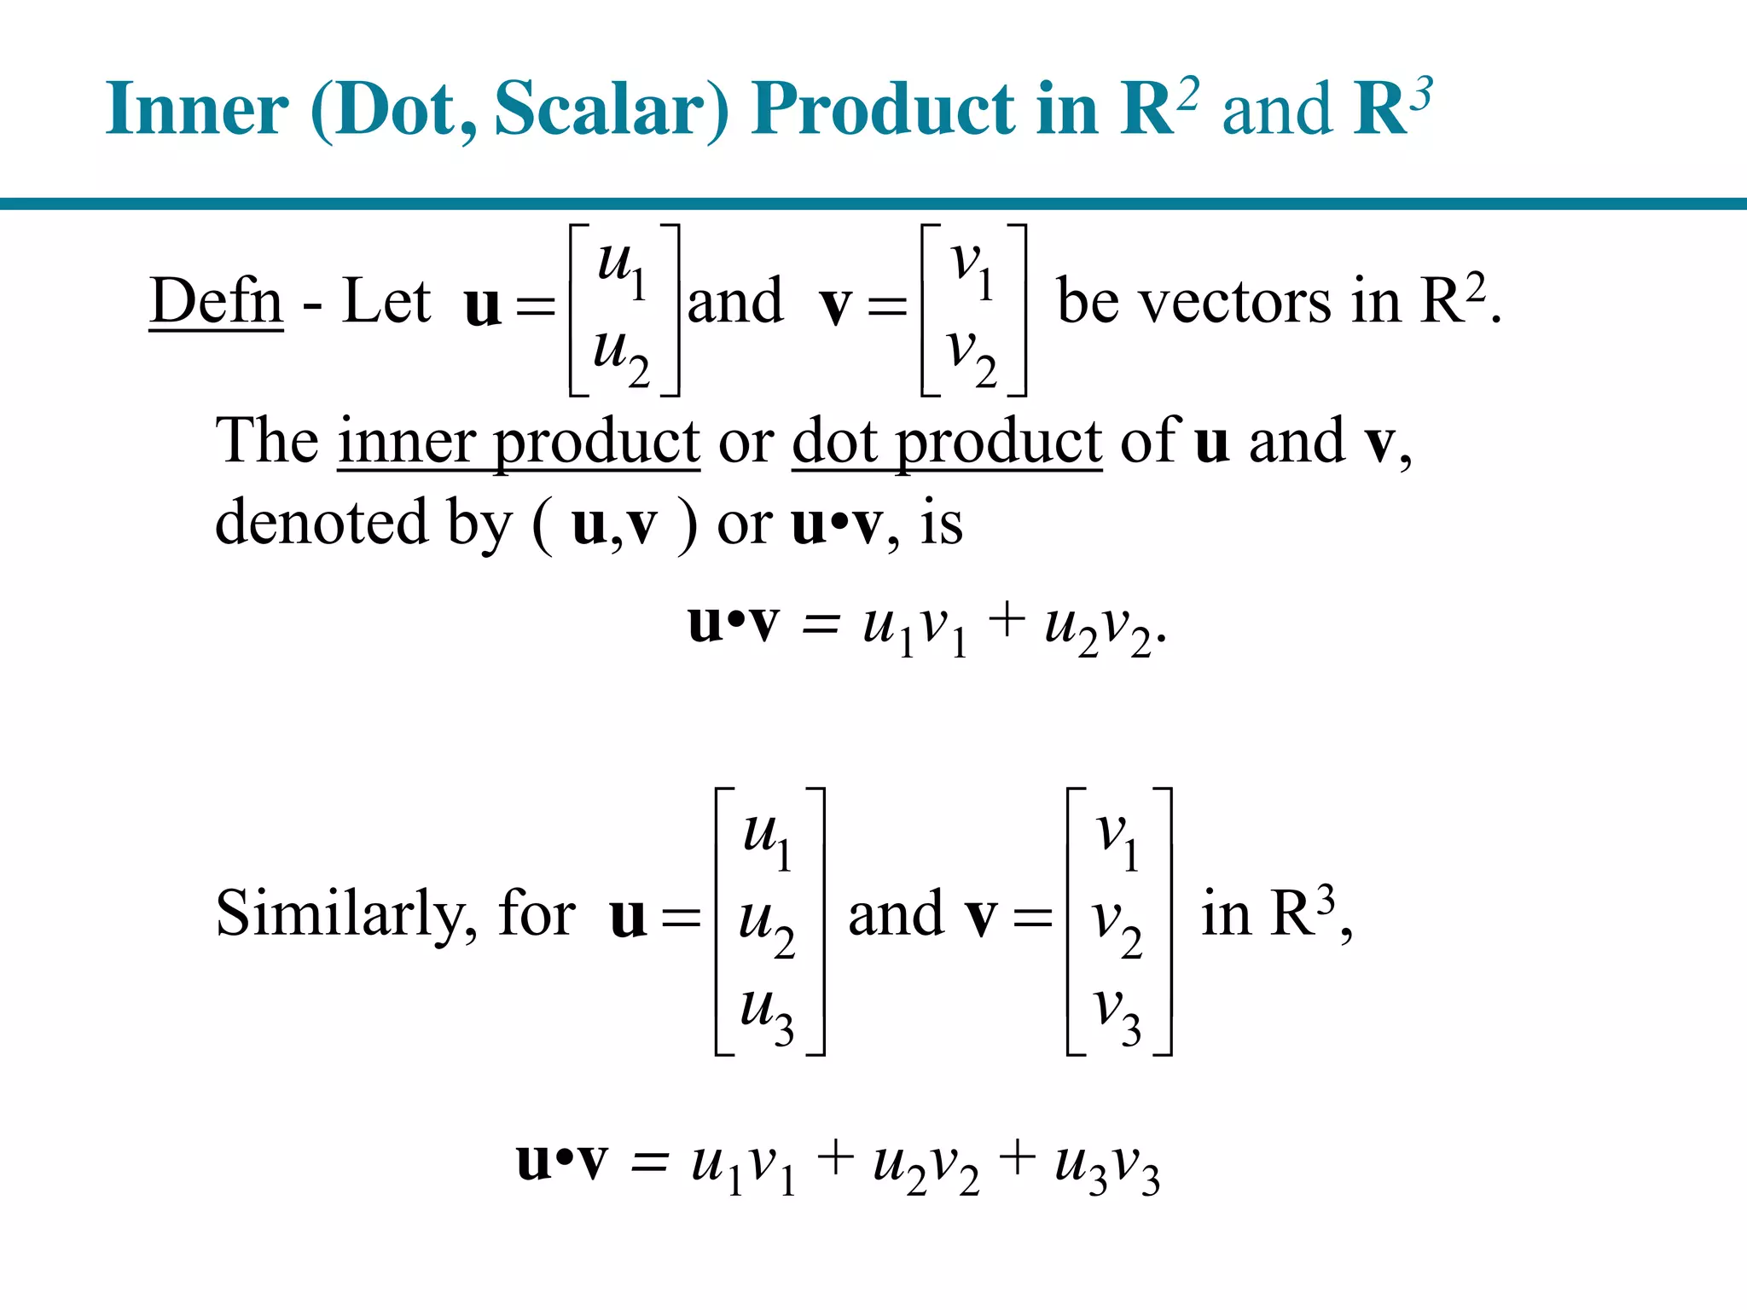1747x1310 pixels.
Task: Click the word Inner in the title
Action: click(x=197, y=108)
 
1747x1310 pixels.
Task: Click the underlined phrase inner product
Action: click(x=519, y=442)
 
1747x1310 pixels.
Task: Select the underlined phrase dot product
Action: click(x=946, y=442)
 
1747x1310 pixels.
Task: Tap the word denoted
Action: click(x=321, y=522)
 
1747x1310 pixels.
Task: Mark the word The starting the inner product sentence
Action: click(x=266, y=442)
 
